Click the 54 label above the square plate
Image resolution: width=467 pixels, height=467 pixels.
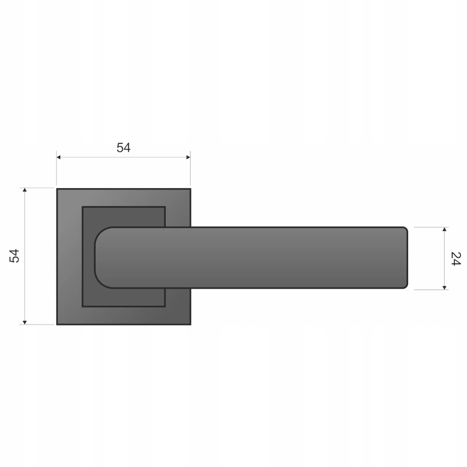coord(123,148)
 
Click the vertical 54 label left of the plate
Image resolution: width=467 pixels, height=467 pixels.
coord(14,256)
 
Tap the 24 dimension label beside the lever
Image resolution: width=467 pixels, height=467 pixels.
coord(456,259)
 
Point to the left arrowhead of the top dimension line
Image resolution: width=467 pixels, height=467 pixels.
coord(58,157)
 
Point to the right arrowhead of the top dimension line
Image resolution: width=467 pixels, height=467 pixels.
coord(188,157)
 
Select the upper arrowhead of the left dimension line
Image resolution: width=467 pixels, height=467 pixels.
coord(25,190)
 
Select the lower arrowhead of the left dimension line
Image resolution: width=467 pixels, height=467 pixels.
coord(25,323)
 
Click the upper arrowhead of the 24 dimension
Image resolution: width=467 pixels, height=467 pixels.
coord(445,229)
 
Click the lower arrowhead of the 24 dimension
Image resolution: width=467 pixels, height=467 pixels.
coord(445,288)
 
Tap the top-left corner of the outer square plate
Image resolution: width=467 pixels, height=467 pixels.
coord(57,189)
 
